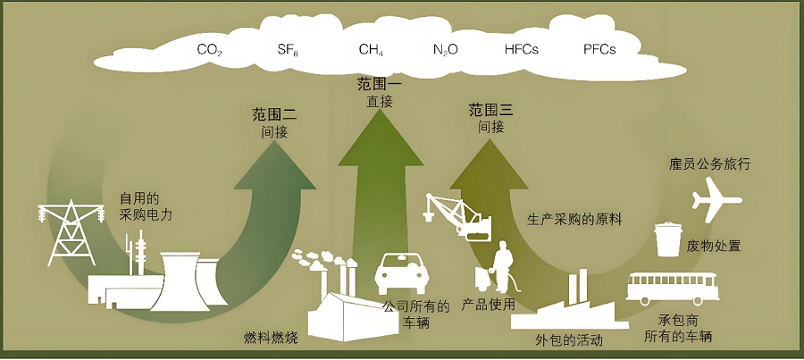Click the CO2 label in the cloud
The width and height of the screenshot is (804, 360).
(x=209, y=50)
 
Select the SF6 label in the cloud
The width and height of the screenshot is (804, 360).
(x=287, y=50)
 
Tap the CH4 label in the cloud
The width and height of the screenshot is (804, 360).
(x=371, y=50)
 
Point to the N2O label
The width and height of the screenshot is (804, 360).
(x=445, y=50)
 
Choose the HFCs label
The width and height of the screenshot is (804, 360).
(x=521, y=50)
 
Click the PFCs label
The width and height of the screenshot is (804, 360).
(x=599, y=50)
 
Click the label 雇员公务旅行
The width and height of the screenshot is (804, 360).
(x=708, y=164)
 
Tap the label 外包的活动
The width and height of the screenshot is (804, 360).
(x=568, y=340)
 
